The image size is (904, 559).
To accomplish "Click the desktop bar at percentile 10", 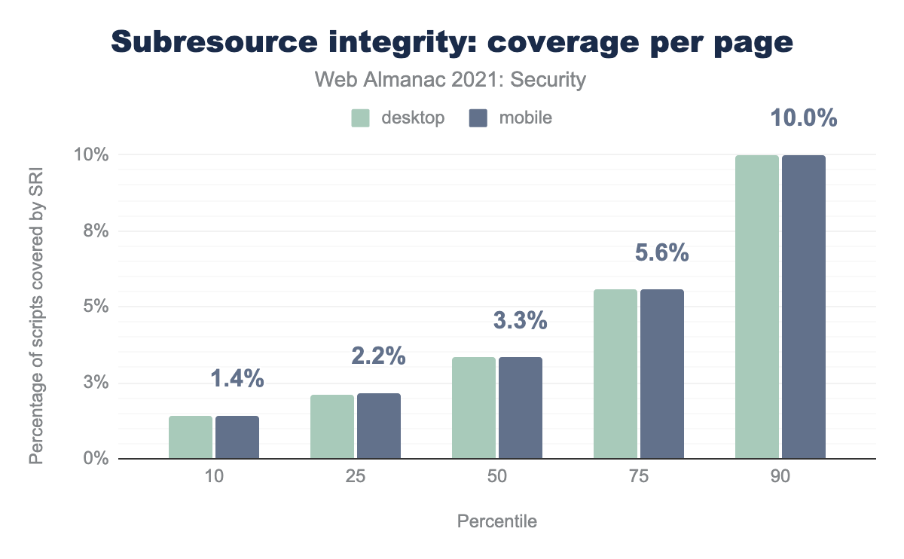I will tap(191, 437).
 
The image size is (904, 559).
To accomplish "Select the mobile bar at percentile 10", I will tap(237, 437).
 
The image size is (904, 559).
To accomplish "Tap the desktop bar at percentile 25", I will tap(332, 426).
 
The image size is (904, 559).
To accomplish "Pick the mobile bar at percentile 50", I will tap(521, 408).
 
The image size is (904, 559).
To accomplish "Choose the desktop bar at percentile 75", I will tap(615, 374).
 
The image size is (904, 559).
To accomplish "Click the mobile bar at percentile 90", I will tap(804, 307).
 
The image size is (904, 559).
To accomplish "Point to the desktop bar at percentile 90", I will tap(757, 307).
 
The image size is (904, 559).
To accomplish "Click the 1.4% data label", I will tap(237, 379).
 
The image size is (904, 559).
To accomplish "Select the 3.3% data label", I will tap(520, 320).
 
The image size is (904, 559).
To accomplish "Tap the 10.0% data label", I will tap(803, 118).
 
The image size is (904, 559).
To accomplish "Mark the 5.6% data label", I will tap(661, 253).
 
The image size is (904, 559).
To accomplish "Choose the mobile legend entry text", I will tap(525, 118).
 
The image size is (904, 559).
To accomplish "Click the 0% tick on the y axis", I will tap(96, 459).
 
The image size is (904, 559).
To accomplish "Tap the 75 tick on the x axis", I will tap(639, 478).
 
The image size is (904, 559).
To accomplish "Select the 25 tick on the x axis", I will tap(356, 478).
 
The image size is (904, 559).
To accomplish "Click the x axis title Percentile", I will tap(497, 521).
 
